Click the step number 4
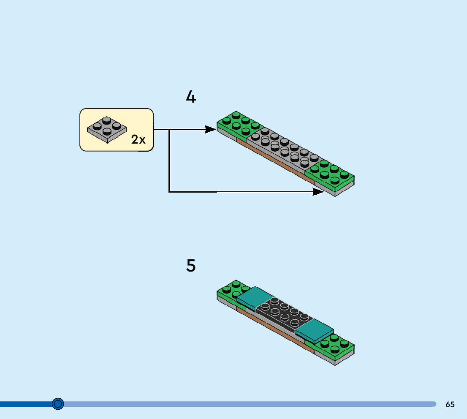(191, 98)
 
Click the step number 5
(191, 266)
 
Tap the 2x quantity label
(138, 139)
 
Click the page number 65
(450, 404)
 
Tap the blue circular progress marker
(58, 404)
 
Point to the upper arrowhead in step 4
(210, 129)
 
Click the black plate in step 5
(283, 315)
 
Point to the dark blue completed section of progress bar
(25, 404)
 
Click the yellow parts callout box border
(80, 129)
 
